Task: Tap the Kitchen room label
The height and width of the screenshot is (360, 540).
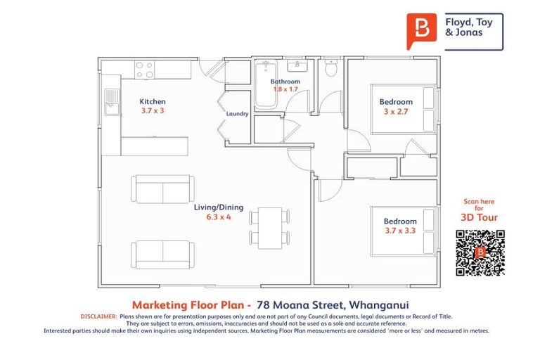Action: (x=153, y=102)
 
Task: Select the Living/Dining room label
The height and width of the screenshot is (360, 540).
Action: (x=219, y=208)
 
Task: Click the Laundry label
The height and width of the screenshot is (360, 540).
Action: (x=237, y=113)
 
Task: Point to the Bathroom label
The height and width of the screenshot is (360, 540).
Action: (x=285, y=82)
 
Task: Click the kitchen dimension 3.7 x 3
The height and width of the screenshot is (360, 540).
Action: (x=153, y=111)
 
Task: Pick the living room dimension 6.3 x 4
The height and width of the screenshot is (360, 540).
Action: (x=219, y=217)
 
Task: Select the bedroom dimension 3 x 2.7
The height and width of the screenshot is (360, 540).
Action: (x=396, y=111)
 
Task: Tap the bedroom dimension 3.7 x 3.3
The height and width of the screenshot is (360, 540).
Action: (x=400, y=231)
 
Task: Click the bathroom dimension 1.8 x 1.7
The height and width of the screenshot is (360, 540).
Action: (x=285, y=90)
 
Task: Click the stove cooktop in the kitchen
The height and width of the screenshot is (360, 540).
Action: (x=144, y=70)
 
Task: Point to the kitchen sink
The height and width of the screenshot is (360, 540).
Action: (x=111, y=103)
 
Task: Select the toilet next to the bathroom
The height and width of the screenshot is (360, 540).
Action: (x=331, y=68)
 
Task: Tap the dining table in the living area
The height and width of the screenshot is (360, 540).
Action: (x=269, y=226)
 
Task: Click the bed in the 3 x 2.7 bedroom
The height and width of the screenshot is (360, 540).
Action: (x=426, y=109)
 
